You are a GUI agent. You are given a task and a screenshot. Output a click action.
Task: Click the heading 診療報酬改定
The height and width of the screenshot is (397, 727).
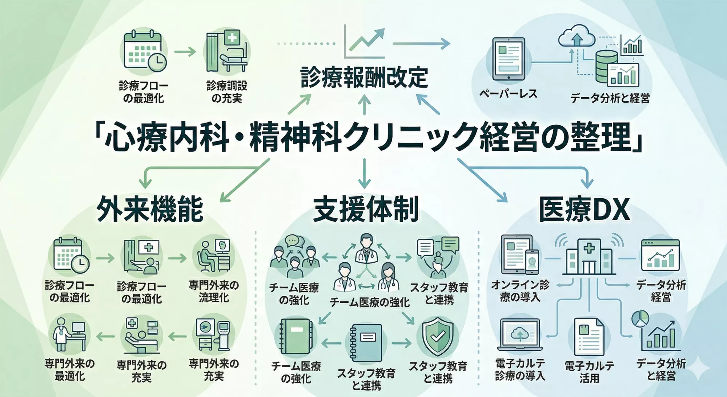coord(364,78)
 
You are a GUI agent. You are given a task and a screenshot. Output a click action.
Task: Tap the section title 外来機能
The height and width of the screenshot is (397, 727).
coord(150,209)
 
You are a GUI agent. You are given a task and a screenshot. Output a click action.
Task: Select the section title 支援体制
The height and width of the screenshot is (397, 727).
coord(366,209)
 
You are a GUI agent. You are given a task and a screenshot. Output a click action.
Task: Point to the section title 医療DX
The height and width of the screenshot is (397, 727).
coord(584,210)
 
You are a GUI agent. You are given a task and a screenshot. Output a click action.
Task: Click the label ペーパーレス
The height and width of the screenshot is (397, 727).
coord(508,94)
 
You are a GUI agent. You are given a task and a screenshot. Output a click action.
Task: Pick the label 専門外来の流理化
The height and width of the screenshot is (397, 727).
coord(214,291)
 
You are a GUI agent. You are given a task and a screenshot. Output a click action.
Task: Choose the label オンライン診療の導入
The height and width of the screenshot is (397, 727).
coord(520,291)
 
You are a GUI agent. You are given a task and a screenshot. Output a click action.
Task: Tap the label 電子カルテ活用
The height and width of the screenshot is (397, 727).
coord(589,372)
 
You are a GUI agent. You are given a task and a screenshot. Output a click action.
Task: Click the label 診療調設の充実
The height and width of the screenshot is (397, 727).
coord(227,92)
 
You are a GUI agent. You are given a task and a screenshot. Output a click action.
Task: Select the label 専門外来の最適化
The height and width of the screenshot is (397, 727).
coord(69,369)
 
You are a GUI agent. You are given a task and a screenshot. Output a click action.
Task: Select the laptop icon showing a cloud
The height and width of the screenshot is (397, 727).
coord(520,335)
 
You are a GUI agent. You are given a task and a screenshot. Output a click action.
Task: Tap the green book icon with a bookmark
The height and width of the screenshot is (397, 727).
coord(297,337)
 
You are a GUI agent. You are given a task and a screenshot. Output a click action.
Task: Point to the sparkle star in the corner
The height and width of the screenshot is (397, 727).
coord(700,368)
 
